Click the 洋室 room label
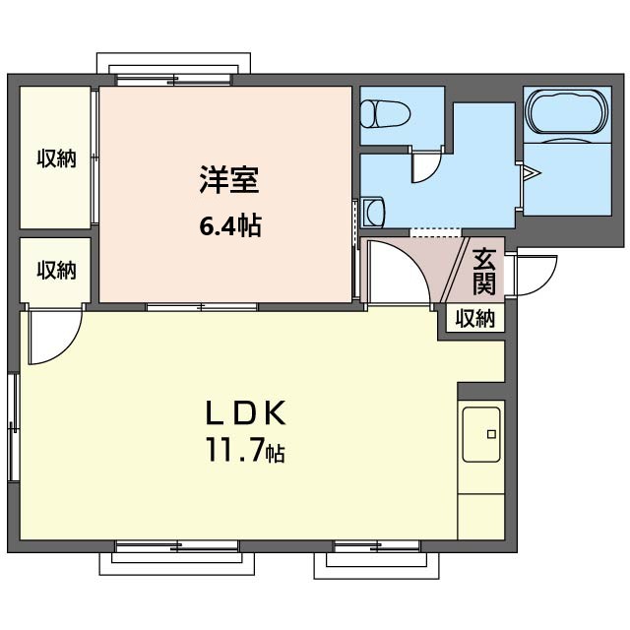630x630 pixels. pyautogui.click(x=229, y=179)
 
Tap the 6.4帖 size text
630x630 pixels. pyautogui.click(x=230, y=225)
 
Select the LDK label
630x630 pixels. pyautogui.click(x=246, y=412)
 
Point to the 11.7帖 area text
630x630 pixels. pyautogui.click(x=245, y=450)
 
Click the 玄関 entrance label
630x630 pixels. pyautogui.click(x=483, y=272)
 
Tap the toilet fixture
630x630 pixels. pyautogui.click(x=385, y=114)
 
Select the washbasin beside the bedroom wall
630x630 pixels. pyautogui.click(x=373, y=213)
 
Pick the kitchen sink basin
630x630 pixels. pyautogui.click(x=481, y=435)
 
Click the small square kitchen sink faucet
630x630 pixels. pyautogui.click(x=491, y=434)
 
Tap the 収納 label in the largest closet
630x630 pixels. pyautogui.click(x=56, y=158)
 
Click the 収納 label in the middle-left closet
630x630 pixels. pyautogui.click(x=56, y=270)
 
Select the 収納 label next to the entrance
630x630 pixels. pyautogui.click(x=474, y=319)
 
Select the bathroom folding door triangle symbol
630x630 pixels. pyautogui.click(x=531, y=173)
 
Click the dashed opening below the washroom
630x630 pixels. pyautogui.click(x=435, y=232)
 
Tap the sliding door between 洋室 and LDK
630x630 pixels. pyautogui.click(x=202, y=307)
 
